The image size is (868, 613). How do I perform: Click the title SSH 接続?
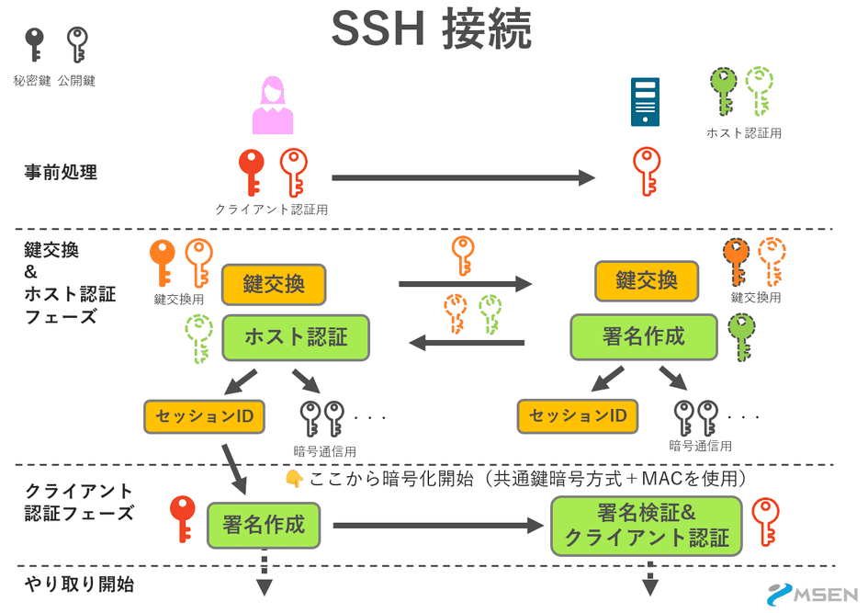(432, 30)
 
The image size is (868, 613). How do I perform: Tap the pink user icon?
(273, 106)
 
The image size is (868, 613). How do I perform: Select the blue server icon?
(645, 102)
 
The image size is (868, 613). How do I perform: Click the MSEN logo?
(813, 595)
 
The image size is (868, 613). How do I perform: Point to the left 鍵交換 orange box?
(274, 285)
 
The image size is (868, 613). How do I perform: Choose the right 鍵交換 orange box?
(647, 281)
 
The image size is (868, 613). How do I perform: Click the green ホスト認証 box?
(296, 337)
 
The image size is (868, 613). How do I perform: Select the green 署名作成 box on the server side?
(643, 336)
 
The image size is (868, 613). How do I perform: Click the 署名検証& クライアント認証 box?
(646, 526)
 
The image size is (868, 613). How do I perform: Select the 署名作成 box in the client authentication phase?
(263, 527)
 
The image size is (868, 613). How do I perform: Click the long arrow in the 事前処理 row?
(463, 178)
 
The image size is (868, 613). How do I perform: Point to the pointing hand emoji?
(294, 479)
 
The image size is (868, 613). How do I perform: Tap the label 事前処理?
(61, 172)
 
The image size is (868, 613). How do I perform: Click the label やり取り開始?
(79, 585)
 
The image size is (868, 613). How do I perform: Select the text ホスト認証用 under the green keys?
(743, 133)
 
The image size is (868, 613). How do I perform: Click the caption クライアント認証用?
(271, 210)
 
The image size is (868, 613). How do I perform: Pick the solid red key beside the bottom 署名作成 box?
(183, 519)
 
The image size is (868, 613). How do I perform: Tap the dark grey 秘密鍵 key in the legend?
(34, 44)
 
